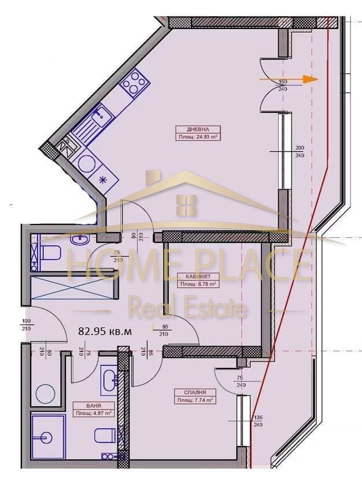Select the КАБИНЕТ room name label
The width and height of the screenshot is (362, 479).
point(198,277)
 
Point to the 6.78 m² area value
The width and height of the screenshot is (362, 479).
point(198,284)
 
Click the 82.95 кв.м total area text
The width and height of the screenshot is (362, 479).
point(105,331)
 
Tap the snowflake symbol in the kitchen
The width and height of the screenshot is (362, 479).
point(104,179)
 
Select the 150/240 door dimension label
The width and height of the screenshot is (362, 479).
point(283,86)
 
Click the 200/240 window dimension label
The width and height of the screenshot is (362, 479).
point(300,152)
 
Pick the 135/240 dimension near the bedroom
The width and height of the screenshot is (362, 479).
point(258,421)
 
